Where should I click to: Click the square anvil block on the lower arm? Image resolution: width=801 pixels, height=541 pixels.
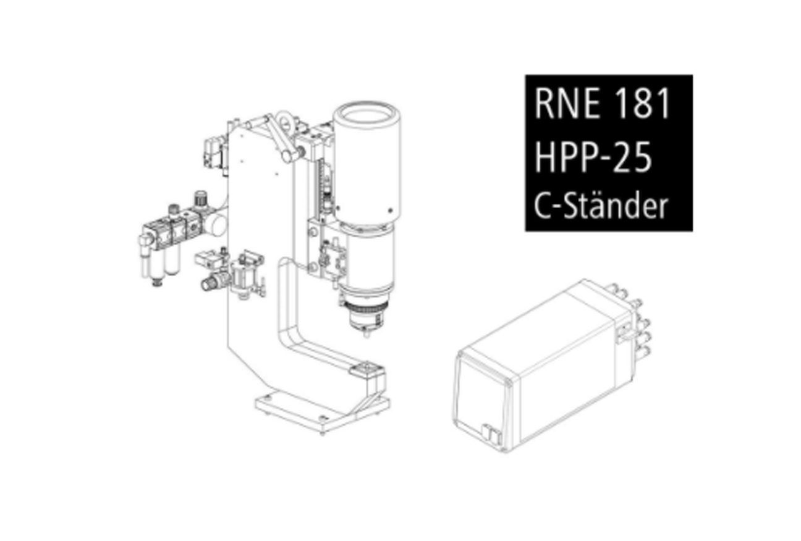[x=367, y=369]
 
